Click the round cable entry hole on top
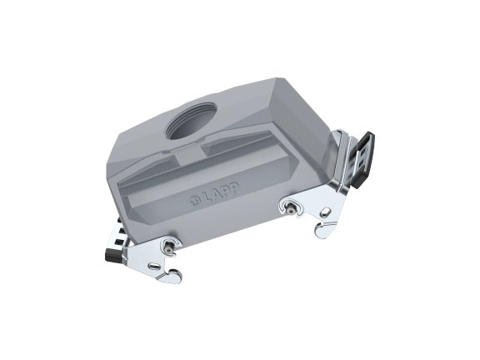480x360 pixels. coord(193,126)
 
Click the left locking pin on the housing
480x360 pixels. coord(170,244)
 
